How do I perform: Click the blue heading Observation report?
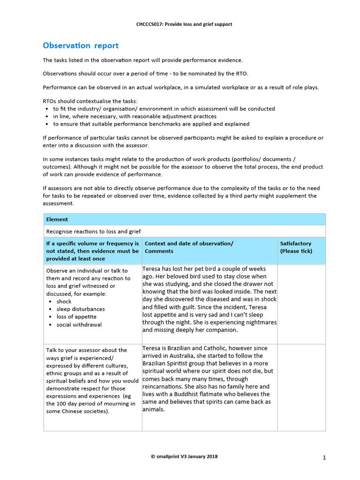click(81, 45)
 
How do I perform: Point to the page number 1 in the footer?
click(324, 457)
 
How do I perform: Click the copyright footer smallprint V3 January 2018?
click(184, 456)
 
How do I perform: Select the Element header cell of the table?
click(57, 219)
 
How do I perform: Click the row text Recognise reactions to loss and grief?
click(93, 231)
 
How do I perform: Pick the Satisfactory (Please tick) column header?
click(296, 247)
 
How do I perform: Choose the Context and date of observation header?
click(189, 243)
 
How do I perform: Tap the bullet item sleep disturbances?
click(81, 309)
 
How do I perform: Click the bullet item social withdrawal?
click(79, 324)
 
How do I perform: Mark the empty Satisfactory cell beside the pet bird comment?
click(301, 303)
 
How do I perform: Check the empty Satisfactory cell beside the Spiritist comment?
click(301, 387)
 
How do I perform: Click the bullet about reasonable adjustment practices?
click(135, 116)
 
